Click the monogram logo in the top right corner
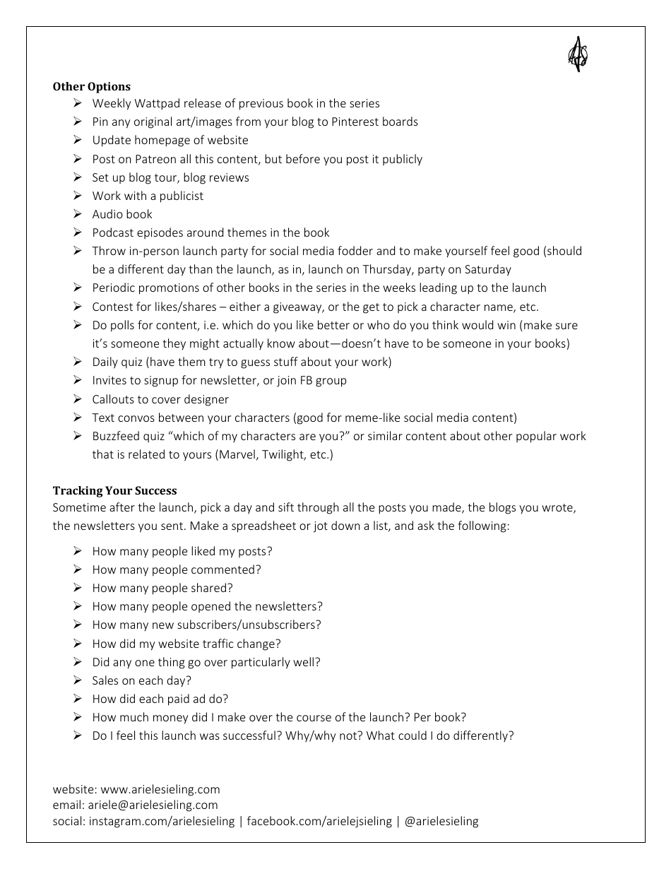(578, 54)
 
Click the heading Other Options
(92, 87)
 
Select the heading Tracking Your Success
(114, 491)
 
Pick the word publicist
(182, 196)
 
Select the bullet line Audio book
(122, 214)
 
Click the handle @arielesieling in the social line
(441, 821)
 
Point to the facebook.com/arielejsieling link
(319, 821)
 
